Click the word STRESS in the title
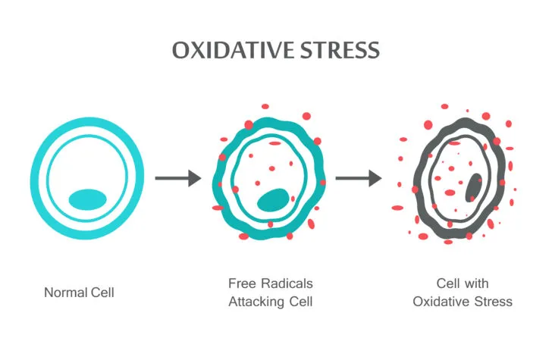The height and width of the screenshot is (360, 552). (340, 50)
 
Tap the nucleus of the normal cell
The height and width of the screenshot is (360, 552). (87, 199)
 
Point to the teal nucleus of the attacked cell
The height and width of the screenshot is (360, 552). (273, 200)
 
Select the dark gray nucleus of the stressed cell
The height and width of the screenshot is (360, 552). (473, 187)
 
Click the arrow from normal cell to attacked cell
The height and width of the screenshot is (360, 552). (178, 178)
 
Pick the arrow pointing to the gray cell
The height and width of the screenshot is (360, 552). (359, 178)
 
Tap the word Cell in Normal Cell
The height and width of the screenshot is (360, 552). (102, 293)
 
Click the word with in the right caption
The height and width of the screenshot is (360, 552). (477, 283)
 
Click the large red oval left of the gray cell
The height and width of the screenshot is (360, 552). (397, 208)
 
